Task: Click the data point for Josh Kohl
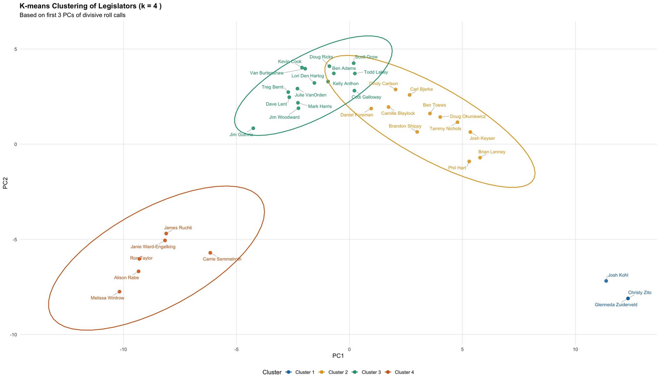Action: click(x=606, y=281)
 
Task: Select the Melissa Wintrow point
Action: click(x=119, y=292)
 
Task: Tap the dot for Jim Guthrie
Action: click(x=253, y=128)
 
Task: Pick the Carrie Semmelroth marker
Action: click(x=210, y=253)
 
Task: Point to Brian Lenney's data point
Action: click(x=480, y=158)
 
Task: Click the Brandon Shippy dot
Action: click(x=417, y=132)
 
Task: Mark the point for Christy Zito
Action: click(x=628, y=298)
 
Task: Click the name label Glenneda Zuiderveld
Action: click(x=616, y=305)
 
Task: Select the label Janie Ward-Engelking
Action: click(x=153, y=247)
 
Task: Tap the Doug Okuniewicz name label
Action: click(x=467, y=116)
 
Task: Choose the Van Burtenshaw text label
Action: click(x=267, y=73)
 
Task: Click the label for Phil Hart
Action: click(x=457, y=168)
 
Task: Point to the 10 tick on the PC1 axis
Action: click(x=575, y=349)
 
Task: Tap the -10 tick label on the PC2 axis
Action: click(x=13, y=335)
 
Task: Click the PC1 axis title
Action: click(x=338, y=356)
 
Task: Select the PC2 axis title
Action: click(x=5, y=183)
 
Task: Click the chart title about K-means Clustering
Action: click(x=90, y=6)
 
